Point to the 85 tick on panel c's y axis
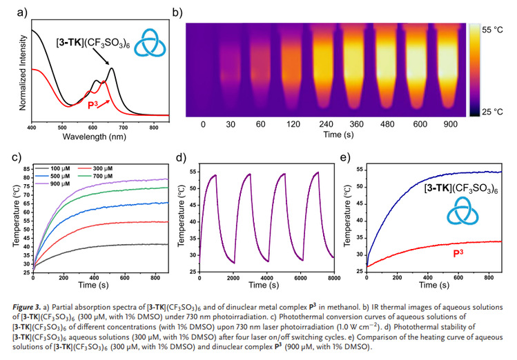click(x=26, y=168)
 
